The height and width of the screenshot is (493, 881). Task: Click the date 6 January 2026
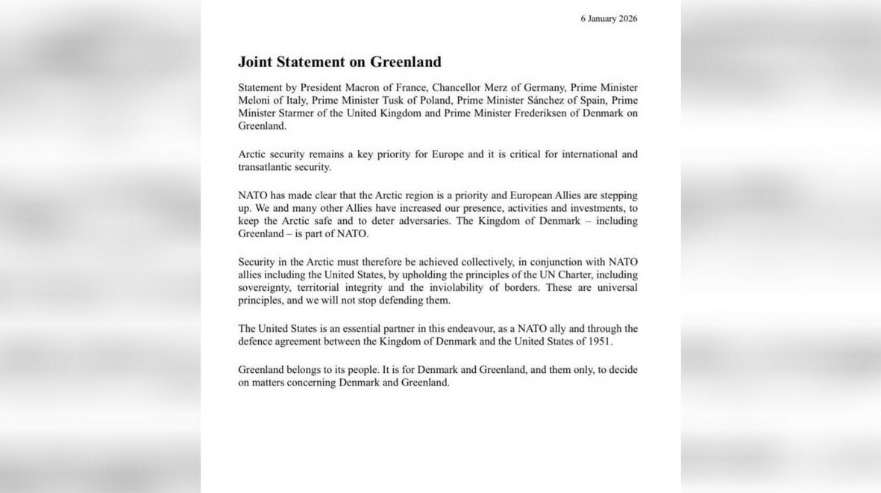pos(609,19)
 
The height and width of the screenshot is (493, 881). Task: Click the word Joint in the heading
pos(257,62)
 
